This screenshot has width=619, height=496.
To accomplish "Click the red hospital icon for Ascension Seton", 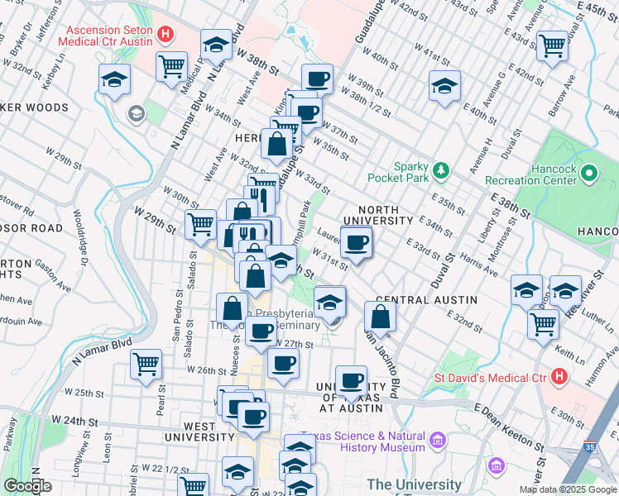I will (x=166, y=35).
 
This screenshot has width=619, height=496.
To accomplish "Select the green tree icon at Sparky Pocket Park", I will (x=442, y=170).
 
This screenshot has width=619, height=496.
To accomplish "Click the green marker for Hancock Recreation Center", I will (x=588, y=174).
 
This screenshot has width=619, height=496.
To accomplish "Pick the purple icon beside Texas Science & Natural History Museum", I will (x=437, y=441).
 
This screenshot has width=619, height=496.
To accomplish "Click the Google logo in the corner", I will (x=28, y=486).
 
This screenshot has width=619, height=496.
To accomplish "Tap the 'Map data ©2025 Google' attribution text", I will (x=567, y=489).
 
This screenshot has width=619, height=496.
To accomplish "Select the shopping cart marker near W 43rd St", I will (x=552, y=46).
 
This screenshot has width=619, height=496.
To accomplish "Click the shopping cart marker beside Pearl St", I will (x=146, y=363).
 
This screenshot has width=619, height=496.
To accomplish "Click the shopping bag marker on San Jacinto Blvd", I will (x=380, y=316).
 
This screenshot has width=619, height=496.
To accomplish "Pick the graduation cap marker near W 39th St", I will (x=444, y=85).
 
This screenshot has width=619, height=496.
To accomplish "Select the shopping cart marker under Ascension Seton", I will (x=171, y=65).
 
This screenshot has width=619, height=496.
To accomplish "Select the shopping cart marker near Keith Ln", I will (x=543, y=323).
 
